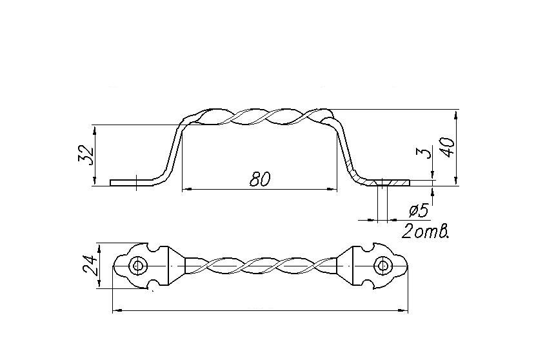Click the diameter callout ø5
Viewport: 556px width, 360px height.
click(x=419, y=210)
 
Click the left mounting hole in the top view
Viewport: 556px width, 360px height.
click(x=136, y=266)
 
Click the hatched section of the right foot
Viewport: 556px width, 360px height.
click(x=387, y=183)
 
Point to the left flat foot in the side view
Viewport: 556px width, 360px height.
click(x=126, y=183)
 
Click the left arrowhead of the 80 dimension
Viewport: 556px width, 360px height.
click(x=184, y=189)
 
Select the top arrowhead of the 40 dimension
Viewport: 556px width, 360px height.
click(x=457, y=114)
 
